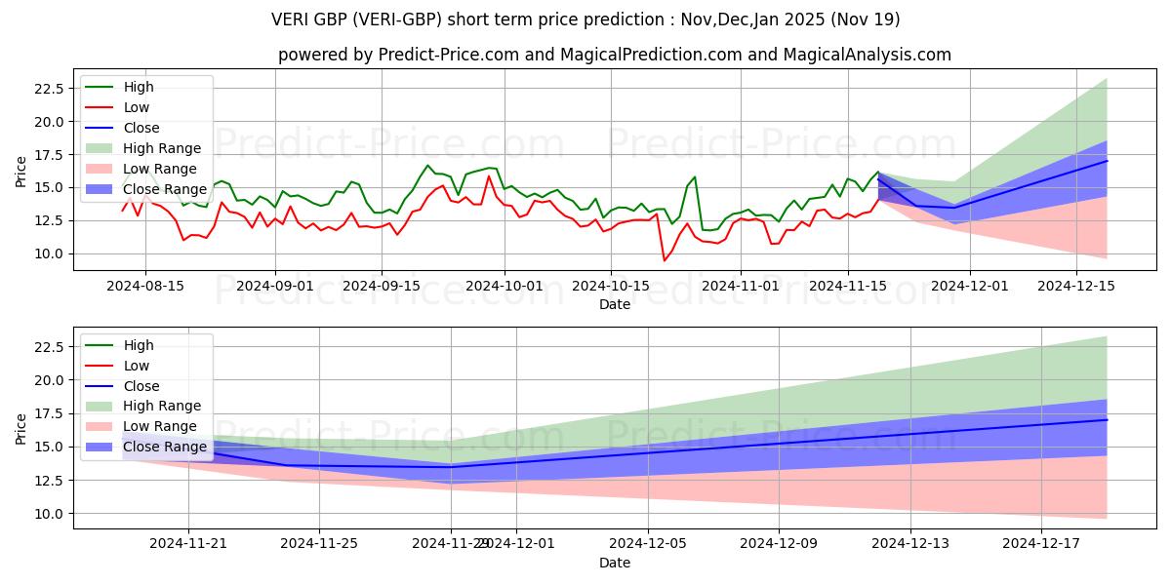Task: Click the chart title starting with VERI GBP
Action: tap(585, 19)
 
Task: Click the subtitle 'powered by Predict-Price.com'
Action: tap(615, 55)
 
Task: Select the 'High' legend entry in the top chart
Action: tap(139, 87)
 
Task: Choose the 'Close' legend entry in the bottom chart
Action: tap(141, 386)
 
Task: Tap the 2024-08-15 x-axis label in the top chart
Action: tap(145, 286)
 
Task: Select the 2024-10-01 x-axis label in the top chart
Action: tap(505, 286)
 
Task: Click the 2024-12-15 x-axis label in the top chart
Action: tap(1076, 286)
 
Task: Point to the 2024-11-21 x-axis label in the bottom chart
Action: tap(188, 544)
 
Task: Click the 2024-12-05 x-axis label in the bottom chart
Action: tap(648, 544)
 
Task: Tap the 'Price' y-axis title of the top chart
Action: tap(21, 171)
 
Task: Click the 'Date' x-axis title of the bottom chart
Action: tap(615, 563)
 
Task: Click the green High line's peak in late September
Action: tap(427, 166)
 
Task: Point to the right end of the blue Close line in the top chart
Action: tap(1107, 161)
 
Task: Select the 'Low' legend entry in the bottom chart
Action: tap(137, 366)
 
